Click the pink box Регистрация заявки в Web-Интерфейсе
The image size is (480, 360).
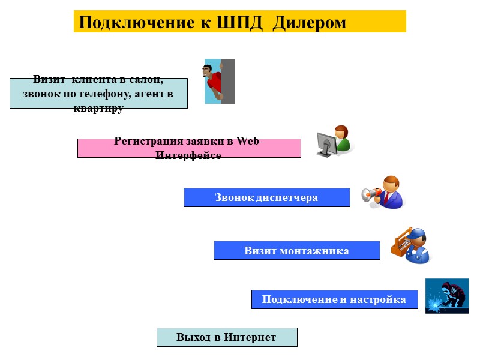(189, 148)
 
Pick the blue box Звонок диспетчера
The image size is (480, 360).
(266, 197)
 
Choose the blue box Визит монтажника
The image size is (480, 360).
(296, 250)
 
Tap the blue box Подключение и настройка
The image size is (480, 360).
(334, 299)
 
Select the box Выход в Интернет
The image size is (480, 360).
(227, 337)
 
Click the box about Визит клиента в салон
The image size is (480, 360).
(98, 93)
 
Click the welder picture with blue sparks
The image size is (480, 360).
(446, 295)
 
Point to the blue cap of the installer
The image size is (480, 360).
(418, 235)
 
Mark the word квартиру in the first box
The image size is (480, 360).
(98, 109)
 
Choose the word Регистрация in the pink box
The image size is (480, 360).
(142, 141)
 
